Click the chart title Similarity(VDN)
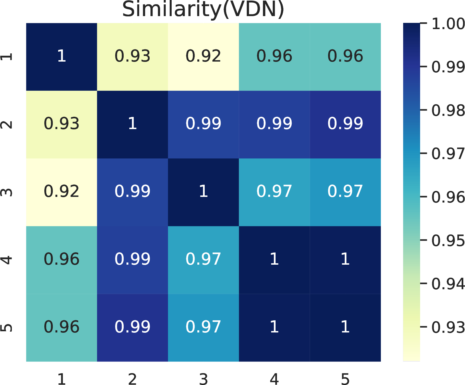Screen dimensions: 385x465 (x=203, y=10)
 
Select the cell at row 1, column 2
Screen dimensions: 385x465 (x=132, y=56)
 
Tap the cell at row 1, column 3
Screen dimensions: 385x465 (x=203, y=56)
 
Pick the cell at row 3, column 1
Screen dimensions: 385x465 (x=62, y=192)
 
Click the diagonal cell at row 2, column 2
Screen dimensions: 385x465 (x=132, y=124)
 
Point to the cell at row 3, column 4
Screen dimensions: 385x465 (x=274, y=192)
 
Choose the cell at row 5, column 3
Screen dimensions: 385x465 (x=203, y=328)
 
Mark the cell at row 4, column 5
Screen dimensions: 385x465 (x=345, y=260)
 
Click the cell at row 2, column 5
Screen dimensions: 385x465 (x=345, y=124)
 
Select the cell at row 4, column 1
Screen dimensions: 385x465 (x=62, y=260)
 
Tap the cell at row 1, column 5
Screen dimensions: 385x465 (x=345, y=56)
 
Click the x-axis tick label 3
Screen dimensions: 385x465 (x=203, y=379)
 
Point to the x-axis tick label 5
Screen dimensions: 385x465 (x=345, y=379)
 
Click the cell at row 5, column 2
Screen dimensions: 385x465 (x=132, y=328)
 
